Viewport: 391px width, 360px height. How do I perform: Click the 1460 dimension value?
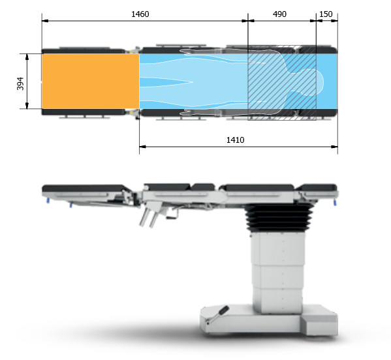pyautogui.click(x=140, y=14)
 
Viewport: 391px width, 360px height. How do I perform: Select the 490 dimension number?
pyautogui.click(x=279, y=14)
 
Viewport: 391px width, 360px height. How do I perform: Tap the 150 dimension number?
pyautogui.click(x=326, y=14)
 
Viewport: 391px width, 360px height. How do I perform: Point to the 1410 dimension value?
pyautogui.click(x=235, y=140)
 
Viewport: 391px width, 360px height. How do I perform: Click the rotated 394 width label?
pyautogui.click(x=20, y=83)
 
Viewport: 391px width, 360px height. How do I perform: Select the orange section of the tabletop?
pyautogui.click(x=91, y=82)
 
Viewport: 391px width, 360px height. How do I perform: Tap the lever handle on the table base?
pyautogui.click(x=217, y=315)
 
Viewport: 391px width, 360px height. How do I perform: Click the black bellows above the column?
pyautogui.click(x=279, y=217)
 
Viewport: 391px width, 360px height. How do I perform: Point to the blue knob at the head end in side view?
pyautogui.click(x=335, y=203)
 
